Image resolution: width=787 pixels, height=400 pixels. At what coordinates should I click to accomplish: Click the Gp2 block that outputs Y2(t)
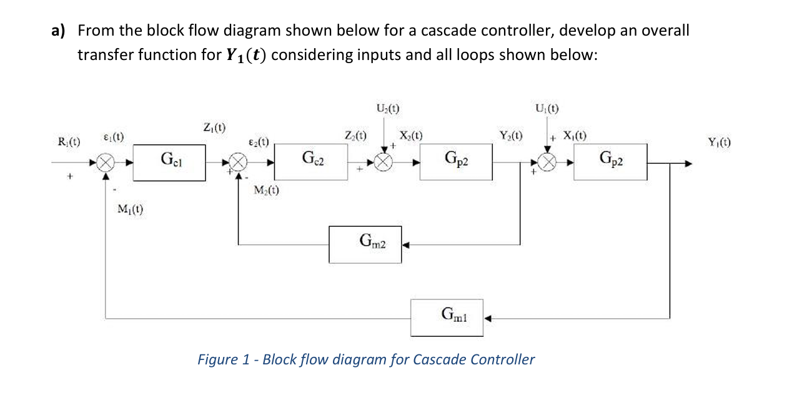click(x=457, y=162)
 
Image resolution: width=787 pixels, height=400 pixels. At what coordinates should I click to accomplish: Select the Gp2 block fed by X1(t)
click(x=610, y=162)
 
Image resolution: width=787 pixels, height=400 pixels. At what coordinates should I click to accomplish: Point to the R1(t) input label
click(x=69, y=142)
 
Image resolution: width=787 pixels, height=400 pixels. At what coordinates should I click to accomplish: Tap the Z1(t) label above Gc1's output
click(x=214, y=128)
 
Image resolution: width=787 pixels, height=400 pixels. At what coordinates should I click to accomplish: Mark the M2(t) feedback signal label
click(x=267, y=191)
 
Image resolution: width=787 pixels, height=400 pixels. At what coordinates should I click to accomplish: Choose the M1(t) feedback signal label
click(x=130, y=210)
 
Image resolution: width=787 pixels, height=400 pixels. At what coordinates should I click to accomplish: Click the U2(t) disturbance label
click(x=387, y=107)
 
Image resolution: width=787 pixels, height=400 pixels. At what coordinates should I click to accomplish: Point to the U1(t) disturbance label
click(x=547, y=107)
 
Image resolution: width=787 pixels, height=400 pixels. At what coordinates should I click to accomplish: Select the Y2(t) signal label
click(x=510, y=135)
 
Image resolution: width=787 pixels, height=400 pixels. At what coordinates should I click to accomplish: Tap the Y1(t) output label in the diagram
click(x=720, y=142)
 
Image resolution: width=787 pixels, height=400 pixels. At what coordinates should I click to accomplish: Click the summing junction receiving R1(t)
click(x=106, y=164)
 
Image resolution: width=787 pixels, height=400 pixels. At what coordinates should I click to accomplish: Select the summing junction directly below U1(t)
click(x=548, y=163)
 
